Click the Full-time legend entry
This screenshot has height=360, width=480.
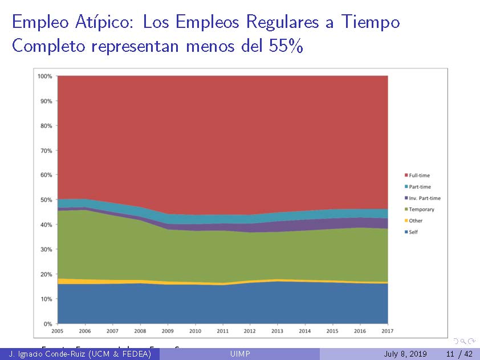(419, 175)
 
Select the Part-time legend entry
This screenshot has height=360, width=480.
(420, 187)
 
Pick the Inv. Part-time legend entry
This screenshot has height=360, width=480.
(424, 198)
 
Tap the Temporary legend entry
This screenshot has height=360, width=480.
(421, 210)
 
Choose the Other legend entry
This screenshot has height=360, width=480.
(416, 221)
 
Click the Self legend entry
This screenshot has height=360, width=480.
(413, 232)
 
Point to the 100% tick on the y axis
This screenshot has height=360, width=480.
(45, 76)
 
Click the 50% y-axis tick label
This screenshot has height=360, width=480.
(46, 200)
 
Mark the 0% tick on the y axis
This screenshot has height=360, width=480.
(48, 324)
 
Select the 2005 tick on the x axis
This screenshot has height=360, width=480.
(58, 331)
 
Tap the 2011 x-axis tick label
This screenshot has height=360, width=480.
(222, 331)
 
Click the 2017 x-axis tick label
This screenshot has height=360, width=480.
(388, 331)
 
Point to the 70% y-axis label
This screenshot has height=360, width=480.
(46, 151)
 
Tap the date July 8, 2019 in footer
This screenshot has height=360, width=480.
(405, 354)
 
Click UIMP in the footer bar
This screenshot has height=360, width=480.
(239, 354)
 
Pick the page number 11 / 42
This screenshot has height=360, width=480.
(460, 354)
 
